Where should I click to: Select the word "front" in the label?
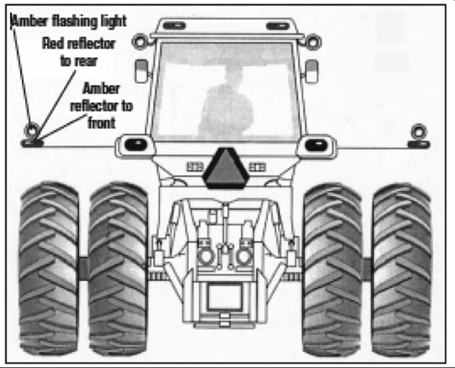[x=102, y=123]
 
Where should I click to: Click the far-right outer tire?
[x=402, y=269]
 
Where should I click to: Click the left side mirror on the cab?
[x=142, y=71]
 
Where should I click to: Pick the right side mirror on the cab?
[x=311, y=71]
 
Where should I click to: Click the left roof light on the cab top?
[x=174, y=26]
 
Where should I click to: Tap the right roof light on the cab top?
[x=277, y=26]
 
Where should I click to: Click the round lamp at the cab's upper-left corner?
[x=140, y=41]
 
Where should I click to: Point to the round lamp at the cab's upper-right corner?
[x=313, y=42]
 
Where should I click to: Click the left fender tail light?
[x=136, y=145]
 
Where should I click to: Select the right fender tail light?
[x=316, y=145]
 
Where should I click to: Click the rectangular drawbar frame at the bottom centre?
[x=224, y=297]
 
